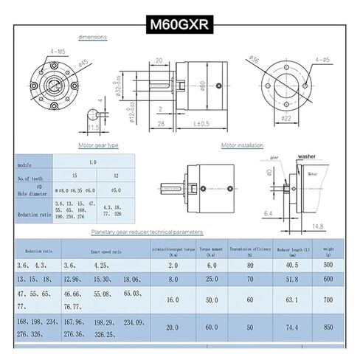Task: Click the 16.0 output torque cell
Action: (173, 301)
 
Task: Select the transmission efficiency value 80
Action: (250, 264)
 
